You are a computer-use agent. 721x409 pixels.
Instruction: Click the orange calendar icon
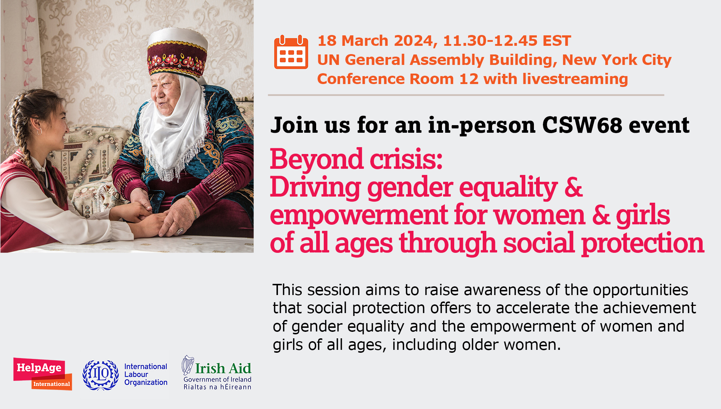(x=291, y=52)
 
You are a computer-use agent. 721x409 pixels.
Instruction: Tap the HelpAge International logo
(x=43, y=374)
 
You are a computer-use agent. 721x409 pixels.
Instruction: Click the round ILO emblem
(x=101, y=375)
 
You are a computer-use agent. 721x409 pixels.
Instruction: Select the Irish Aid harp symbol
(x=187, y=365)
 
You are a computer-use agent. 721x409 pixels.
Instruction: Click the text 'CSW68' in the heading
(x=582, y=125)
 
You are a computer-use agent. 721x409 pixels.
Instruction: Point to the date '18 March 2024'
(x=377, y=41)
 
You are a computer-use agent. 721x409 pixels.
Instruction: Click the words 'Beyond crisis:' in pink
(x=356, y=159)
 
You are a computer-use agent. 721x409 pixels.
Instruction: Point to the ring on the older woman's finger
(x=180, y=231)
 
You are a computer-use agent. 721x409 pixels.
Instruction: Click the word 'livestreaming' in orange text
(x=575, y=79)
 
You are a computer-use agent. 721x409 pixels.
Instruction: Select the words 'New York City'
(x=617, y=60)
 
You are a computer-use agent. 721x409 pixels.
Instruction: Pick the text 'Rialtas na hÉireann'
(x=217, y=387)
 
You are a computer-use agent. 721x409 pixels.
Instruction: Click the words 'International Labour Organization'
(x=146, y=374)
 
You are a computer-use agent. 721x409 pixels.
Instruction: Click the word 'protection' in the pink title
(x=643, y=243)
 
